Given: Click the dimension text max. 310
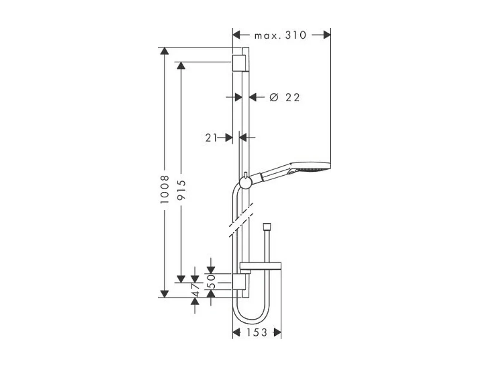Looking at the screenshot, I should [x=280, y=35].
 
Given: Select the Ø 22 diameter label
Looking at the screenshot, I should [x=285, y=98].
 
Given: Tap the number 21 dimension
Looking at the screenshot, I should [x=211, y=138].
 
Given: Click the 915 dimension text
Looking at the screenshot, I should [x=181, y=190].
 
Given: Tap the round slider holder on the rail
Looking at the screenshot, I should [x=245, y=182].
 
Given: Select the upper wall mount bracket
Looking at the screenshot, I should [x=239, y=62].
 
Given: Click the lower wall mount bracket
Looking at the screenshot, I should [x=239, y=281].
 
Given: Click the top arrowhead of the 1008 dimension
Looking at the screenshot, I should [x=165, y=51].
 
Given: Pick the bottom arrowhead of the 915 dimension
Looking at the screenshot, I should [x=181, y=278].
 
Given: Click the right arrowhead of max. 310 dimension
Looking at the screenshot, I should [x=327, y=35].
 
